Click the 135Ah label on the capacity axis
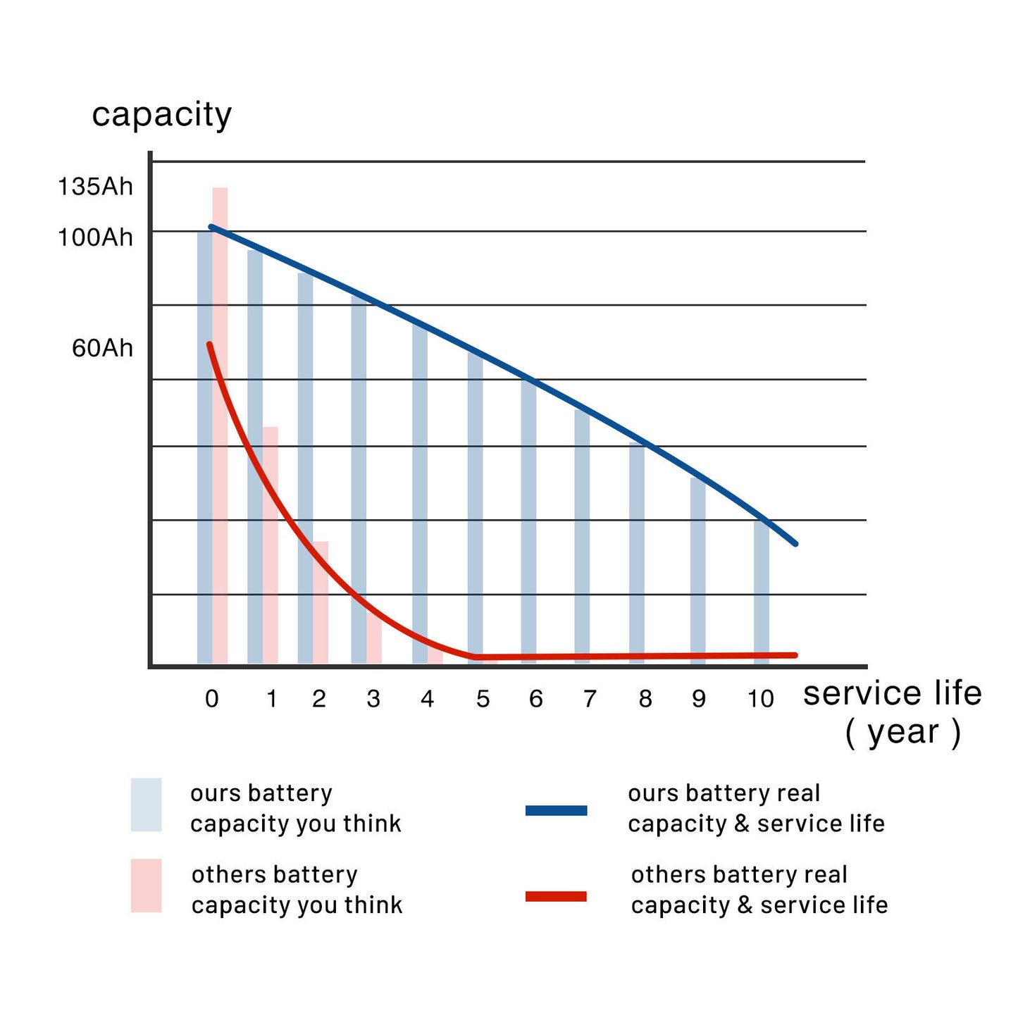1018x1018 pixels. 95,187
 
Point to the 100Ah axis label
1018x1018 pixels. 95,237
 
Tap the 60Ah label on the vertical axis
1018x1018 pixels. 102,348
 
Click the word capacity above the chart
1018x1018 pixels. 161,115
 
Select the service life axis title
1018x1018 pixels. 893,694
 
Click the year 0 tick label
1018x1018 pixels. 211,699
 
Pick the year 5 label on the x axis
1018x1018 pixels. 483,699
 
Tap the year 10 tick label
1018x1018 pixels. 760,699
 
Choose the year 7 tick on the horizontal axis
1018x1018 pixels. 590,699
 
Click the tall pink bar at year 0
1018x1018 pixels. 221,423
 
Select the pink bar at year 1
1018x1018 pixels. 271,542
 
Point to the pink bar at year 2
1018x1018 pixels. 321,602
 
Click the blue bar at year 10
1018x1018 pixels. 761,592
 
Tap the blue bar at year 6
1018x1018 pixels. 528,521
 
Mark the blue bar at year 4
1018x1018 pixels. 420,493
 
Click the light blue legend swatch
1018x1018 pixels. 146,805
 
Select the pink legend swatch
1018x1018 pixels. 146,886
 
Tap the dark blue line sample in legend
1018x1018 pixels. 556,810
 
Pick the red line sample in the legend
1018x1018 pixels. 556,896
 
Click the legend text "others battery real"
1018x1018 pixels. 739,875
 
